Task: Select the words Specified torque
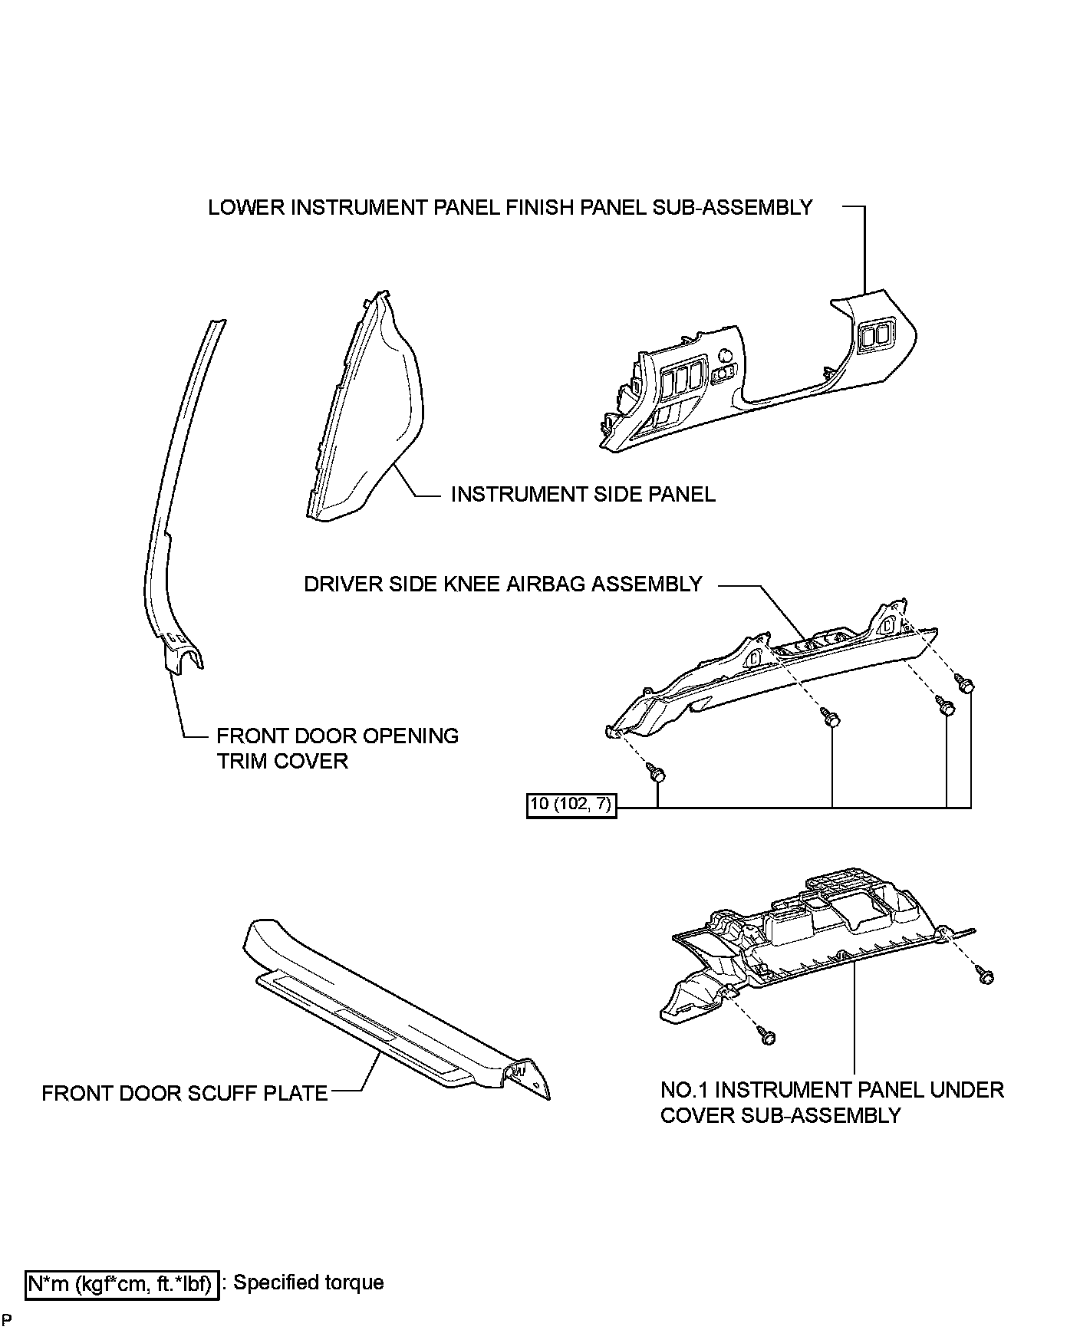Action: pos(308,1282)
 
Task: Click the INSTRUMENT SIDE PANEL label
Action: pos(583,494)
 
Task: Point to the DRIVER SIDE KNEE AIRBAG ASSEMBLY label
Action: pos(503,584)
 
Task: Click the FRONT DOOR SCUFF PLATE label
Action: pos(185,1093)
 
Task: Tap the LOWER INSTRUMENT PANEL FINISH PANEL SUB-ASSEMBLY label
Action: pos(510,207)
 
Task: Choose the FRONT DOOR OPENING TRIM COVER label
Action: pos(337,749)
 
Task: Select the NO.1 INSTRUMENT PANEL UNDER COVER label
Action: pos(831,1102)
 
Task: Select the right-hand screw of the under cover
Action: pos(986,977)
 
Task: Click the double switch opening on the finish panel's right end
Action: pos(875,336)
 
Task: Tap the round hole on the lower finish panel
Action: pos(723,356)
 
